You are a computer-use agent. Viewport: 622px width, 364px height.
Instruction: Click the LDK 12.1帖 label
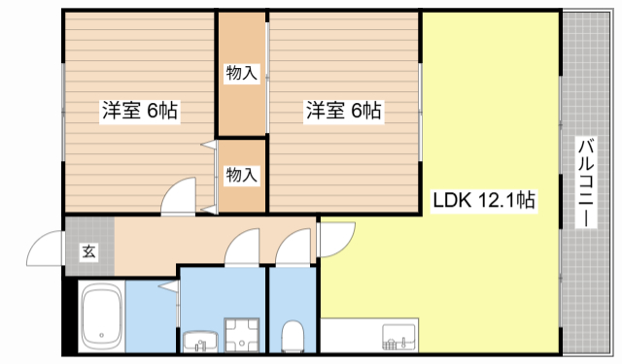pyautogui.click(x=484, y=201)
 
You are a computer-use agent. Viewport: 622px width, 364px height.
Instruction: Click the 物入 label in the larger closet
pyautogui.click(x=241, y=72)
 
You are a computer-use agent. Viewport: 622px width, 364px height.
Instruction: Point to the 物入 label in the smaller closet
pyautogui.click(x=241, y=175)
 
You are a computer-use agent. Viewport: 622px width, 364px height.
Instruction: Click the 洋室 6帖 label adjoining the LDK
pyautogui.click(x=343, y=111)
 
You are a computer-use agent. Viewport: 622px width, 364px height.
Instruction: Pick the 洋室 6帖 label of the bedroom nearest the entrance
pyautogui.click(x=140, y=111)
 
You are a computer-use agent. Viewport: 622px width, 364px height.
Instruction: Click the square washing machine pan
pyautogui.click(x=239, y=334)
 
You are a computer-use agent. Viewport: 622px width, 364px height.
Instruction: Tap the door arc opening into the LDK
pyautogui.click(x=335, y=235)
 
